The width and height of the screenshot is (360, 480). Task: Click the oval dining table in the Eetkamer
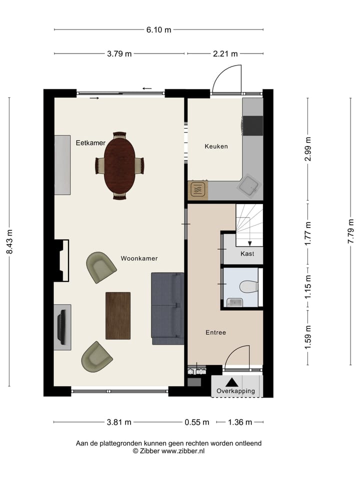[x=119, y=165]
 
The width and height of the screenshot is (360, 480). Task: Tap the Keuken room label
[x=216, y=146]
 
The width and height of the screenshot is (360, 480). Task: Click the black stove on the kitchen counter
[x=253, y=126]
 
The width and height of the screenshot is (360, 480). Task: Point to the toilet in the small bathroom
[x=248, y=286]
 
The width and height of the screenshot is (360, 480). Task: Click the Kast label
[x=247, y=254]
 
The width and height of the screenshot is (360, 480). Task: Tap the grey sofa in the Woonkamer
[x=167, y=308]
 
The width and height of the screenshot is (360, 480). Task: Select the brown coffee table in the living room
[x=118, y=315]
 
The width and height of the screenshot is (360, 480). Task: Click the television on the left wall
[x=62, y=327]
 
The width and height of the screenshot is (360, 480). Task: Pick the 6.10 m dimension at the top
[x=158, y=29]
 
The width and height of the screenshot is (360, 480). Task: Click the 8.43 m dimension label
[x=9, y=242]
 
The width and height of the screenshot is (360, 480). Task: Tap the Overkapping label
[x=235, y=391]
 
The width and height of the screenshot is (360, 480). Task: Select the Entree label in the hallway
[x=216, y=332]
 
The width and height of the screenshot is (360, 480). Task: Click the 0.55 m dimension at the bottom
[x=196, y=422]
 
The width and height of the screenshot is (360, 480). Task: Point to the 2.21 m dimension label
[x=225, y=54]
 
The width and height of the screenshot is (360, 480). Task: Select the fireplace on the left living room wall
[x=62, y=260]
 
